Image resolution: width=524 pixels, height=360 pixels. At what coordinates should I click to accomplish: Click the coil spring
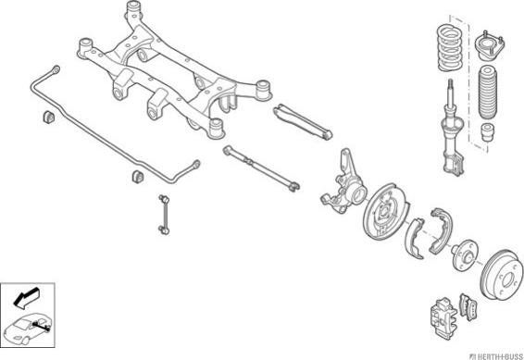tap(450, 47)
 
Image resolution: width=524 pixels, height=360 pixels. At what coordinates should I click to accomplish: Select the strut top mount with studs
tap(490, 46)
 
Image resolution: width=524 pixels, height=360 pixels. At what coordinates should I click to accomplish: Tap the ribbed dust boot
tap(488, 93)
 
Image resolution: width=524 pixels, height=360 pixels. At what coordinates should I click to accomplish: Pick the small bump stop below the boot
tap(488, 132)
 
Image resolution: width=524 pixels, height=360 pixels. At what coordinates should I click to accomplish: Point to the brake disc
tap(503, 275)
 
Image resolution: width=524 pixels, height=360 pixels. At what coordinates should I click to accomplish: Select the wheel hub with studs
tap(465, 254)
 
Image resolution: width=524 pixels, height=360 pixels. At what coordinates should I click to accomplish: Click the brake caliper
tap(443, 317)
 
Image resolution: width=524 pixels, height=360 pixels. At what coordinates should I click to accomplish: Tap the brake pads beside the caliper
tap(468, 307)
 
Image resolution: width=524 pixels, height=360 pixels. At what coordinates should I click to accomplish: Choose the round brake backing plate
tap(385, 211)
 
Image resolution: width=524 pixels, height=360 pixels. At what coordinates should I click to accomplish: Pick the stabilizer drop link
tap(164, 215)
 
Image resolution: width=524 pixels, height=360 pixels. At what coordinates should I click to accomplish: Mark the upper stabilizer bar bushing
tap(48, 116)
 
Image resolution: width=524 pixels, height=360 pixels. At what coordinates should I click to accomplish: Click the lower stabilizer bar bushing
tap(137, 177)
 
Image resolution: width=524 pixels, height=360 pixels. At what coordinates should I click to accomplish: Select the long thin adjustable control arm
tap(261, 168)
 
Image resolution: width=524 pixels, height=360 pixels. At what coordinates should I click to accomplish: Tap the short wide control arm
tap(303, 121)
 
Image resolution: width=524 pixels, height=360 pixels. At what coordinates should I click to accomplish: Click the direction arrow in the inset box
tap(27, 298)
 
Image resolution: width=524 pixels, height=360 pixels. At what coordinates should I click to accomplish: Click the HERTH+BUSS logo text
tap(496, 356)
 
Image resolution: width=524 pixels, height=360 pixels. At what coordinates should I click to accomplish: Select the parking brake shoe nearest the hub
tap(440, 230)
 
